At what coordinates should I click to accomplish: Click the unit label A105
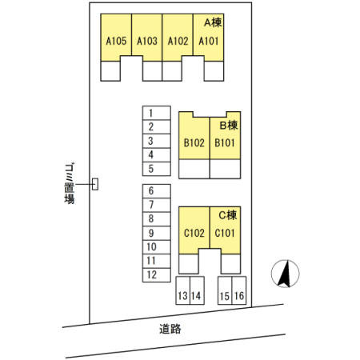(x=116, y=41)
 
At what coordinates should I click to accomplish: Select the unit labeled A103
(x=147, y=41)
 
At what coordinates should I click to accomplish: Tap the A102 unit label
(x=178, y=41)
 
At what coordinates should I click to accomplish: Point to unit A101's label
(x=209, y=41)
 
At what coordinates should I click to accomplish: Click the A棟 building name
(x=213, y=22)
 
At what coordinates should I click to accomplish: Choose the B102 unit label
(x=194, y=143)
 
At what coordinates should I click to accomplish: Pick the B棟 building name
(x=229, y=125)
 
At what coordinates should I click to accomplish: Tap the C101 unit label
(x=225, y=233)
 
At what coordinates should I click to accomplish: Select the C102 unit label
(x=194, y=233)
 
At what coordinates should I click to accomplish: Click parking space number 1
(x=151, y=113)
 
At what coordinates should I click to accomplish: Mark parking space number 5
(x=151, y=169)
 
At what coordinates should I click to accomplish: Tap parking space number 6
(x=151, y=190)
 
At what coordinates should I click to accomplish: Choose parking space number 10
(x=151, y=247)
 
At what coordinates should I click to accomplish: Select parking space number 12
(x=151, y=275)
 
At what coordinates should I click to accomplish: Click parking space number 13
(x=182, y=296)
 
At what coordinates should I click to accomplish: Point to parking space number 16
(x=239, y=296)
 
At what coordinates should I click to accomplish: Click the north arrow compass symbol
(x=285, y=274)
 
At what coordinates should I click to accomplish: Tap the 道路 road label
(x=170, y=329)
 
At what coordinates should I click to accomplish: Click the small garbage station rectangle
(x=95, y=184)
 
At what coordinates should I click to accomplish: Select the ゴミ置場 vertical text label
(x=70, y=183)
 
